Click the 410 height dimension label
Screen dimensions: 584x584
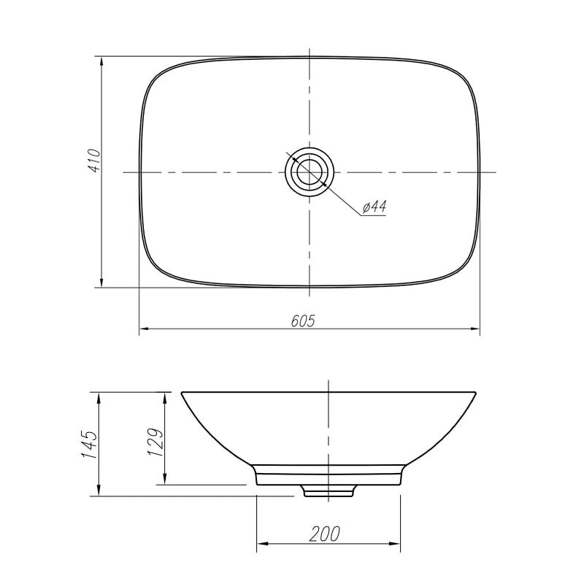click(x=95, y=161)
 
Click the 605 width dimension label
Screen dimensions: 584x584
click(x=303, y=320)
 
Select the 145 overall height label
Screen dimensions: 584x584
click(x=89, y=445)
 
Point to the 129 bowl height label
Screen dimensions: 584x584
click(x=155, y=443)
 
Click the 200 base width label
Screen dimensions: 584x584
click(x=324, y=534)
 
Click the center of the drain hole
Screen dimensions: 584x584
click(x=310, y=172)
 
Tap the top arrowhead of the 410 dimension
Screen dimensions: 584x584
click(x=101, y=63)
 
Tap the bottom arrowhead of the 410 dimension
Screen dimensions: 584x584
click(x=101, y=281)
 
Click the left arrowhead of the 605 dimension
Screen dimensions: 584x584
click(x=145, y=329)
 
